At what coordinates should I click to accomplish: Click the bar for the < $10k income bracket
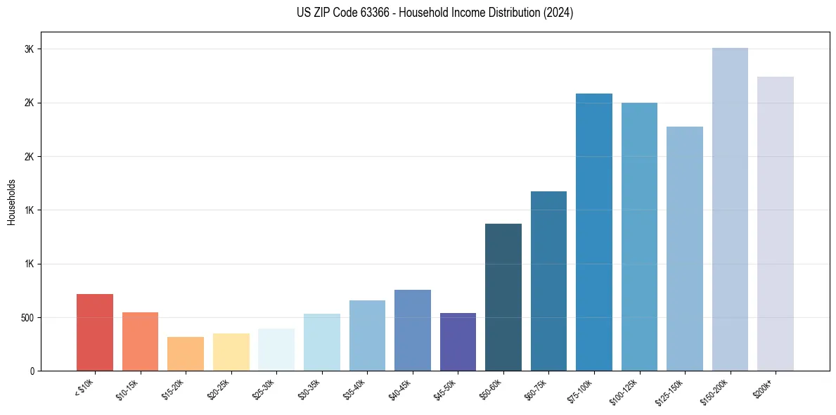(x=95, y=332)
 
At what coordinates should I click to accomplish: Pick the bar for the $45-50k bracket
(x=458, y=342)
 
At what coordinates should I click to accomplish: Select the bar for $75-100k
(x=594, y=232)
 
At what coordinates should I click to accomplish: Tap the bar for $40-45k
(x=413, y=330)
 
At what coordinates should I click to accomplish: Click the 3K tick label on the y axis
(x=29, y=49)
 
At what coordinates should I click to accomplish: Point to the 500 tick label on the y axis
(x=26, y=318)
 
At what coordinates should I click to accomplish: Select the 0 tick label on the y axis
(x=32, y=371)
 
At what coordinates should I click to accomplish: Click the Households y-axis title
(x=12, y=202)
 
